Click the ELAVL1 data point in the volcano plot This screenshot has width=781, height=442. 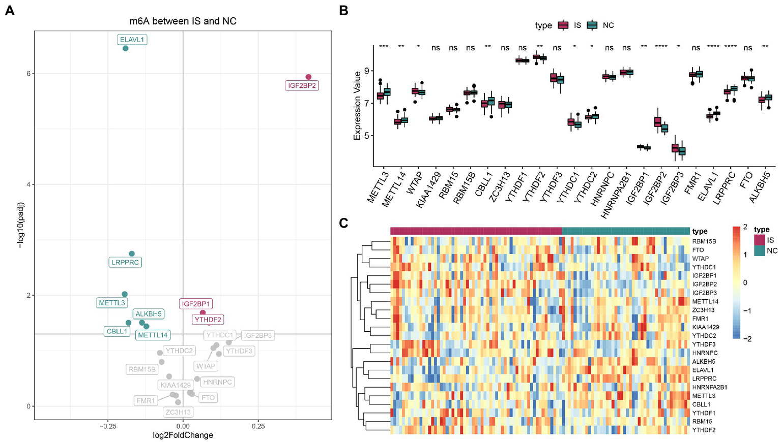coord(126,48)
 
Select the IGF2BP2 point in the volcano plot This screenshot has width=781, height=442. coord(308,77)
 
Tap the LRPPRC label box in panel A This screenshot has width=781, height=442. coord(125,263)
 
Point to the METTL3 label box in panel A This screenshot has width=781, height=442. coord(112,303)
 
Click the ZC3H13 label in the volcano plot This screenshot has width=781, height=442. coord(178,412)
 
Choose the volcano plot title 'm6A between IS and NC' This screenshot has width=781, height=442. coord(183,21)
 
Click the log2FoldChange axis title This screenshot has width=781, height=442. coord(183,435)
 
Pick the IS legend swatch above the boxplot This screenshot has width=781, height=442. coord(563,25)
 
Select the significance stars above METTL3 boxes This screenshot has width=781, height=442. coord(384,48)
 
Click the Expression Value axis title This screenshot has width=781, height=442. coord(357,106)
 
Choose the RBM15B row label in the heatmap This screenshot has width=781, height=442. coord(704,241)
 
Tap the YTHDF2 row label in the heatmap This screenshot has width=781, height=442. coord(704,430)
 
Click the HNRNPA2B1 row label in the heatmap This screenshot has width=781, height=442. coord(709,387)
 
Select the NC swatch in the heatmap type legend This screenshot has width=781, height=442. coord(759,251)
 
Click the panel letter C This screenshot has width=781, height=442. coord(344,223)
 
